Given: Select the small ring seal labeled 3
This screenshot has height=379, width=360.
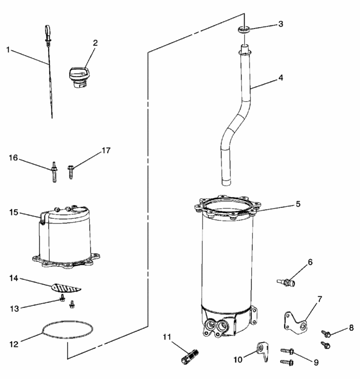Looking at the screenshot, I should pos(244,28).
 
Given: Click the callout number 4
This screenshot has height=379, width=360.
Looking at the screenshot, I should pos(280,77).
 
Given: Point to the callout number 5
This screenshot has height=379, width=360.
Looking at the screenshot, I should pos(297,204).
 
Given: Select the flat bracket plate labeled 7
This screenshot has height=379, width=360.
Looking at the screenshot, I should pos(295,321).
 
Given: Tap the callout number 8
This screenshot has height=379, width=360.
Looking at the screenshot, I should pos(351,328).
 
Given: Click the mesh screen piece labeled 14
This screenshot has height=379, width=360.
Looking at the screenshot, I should pos(66,286).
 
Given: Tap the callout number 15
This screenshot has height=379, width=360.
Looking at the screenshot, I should pos(13,212).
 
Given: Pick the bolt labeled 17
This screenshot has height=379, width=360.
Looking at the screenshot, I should pos(71,172).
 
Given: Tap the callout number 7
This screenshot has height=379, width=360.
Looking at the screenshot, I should pos(319,298).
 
